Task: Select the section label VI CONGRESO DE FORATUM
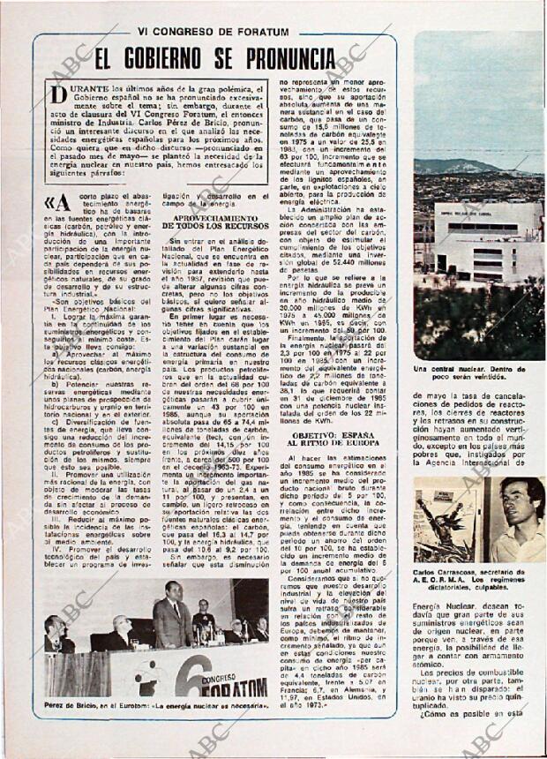(213, 31)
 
